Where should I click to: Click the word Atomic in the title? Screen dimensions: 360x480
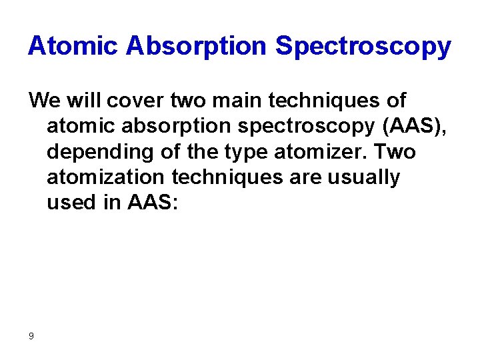[x=73, y=46]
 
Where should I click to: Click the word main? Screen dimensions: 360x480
[x=240, y=101]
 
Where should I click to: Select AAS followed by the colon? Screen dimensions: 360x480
[x=153, y=203]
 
